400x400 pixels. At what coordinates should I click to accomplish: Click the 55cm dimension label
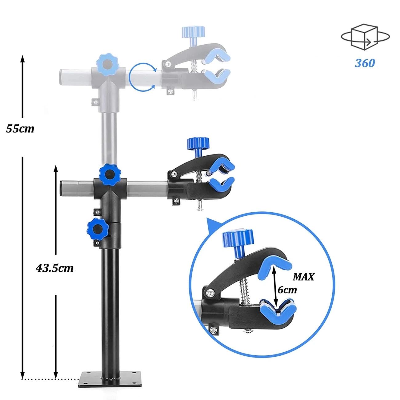[20, 128]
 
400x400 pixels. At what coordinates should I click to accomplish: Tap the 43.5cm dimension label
[55, 268]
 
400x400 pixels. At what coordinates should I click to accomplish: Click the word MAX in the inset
[303, 277]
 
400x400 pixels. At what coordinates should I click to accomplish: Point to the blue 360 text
[365, 63]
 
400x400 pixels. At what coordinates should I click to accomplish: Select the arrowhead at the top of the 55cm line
[22, 58]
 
